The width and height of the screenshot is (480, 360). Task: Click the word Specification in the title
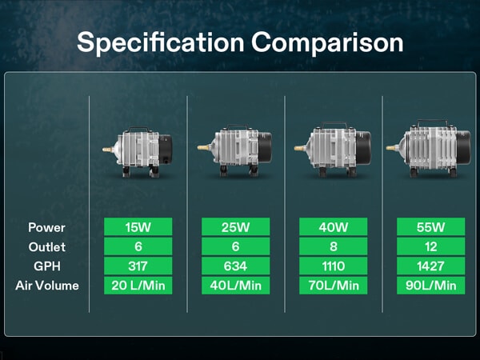[161, 43]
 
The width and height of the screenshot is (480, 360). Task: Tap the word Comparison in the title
[327, 42]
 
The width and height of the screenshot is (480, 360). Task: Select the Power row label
[46, 227]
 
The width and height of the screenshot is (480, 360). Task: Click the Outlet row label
[47, 246]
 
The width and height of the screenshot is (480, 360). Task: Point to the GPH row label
[47, 266]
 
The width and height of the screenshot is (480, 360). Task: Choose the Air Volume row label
[47, 286]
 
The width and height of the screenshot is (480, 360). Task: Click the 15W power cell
[138, 227]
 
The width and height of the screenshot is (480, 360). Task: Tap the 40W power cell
[333, 227]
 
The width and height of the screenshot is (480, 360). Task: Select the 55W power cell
[430, 227]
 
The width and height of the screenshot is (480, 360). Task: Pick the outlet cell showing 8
[333, 246]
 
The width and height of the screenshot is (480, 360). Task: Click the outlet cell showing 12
[430, 246]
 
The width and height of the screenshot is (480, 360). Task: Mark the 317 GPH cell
[138, 266]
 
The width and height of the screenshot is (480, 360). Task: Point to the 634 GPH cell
[236, 266]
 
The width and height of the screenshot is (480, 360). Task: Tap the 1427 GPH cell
[430, 266]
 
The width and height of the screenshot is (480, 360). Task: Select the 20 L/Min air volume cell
[138, 286]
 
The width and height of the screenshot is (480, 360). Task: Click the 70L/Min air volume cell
[333, 286]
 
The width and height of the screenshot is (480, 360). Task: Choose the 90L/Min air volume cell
[430, 286]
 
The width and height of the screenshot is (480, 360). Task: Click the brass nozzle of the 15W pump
[107, 150]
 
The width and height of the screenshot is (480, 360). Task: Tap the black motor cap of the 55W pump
[463, 147]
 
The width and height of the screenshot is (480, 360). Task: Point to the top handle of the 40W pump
[334, 125]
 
